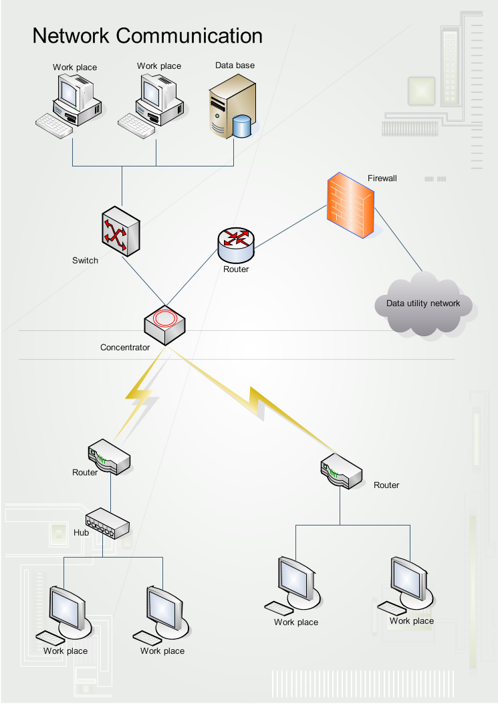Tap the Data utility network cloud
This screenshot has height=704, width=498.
(423, 304)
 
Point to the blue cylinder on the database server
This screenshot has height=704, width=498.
(243, 126)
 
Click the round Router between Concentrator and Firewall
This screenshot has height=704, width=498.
(236, 245)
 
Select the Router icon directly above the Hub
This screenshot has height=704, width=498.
(109, 457)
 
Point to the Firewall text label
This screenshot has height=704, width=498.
(382, 179)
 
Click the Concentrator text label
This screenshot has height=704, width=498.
(125, 348)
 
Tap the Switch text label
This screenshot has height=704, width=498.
(85, 261)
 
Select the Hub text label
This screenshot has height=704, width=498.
(81, 534)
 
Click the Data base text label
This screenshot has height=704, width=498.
(235, 66)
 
